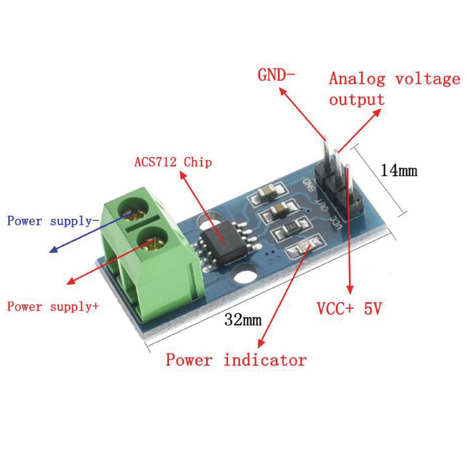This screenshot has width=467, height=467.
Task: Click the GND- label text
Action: click(x=276, y=75)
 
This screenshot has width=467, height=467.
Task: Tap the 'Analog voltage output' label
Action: click(x=394, y=89)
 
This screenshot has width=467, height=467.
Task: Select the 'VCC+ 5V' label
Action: click(x=349, y=308)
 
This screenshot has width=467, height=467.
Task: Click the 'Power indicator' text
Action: click(x=236, y=360)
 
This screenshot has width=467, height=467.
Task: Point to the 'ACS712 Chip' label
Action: click(x=173, y=162)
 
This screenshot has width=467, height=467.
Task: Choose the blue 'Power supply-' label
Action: click(x=53, y=221)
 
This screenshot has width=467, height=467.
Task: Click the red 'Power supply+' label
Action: click(x=53, y=306)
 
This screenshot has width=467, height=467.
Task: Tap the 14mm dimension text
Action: click(x=399, y=171)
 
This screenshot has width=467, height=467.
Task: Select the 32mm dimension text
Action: click(x=243, y=320)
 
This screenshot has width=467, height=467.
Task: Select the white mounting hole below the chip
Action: click(x=245, y=276)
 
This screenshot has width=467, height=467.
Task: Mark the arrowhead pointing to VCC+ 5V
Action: click(x=350, y=290)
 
